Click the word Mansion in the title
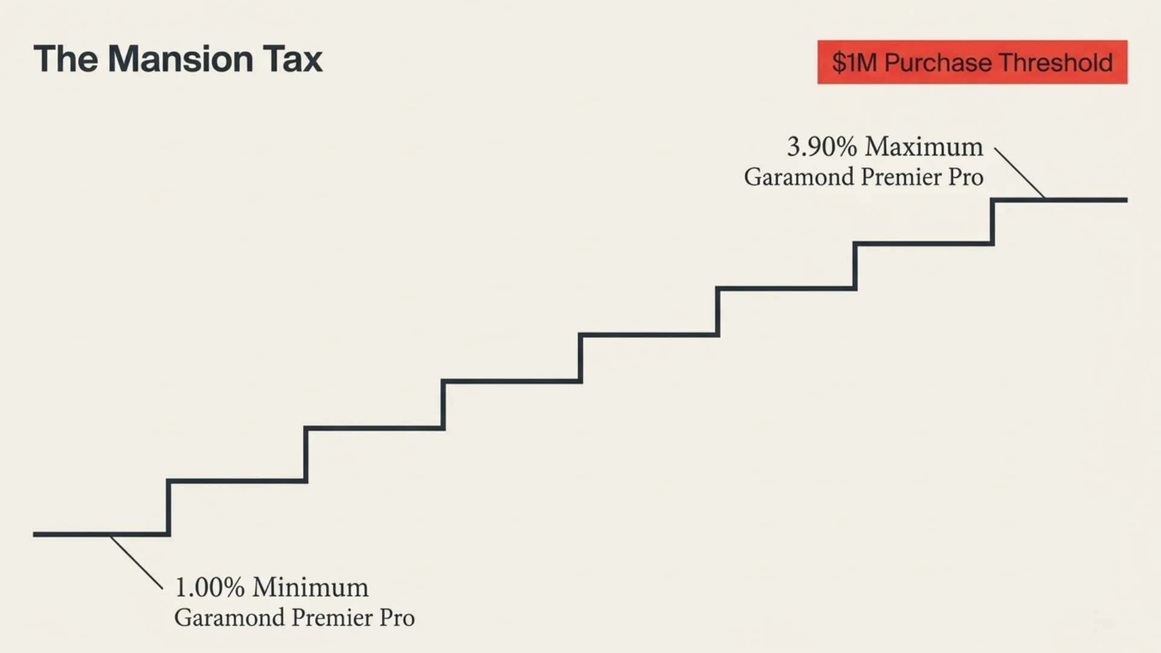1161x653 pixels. pos(180,59)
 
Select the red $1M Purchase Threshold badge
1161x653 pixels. pos(972,62)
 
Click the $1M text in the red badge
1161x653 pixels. pos(854,62)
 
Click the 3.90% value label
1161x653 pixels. pos(821,147)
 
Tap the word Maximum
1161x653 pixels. pos(923,147)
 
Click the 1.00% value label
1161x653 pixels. pos(209,587)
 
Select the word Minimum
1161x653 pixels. pos(310,587)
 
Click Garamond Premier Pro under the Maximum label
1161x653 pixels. pos(863,177)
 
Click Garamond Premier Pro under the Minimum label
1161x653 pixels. pos(294,618)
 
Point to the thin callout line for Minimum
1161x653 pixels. pos(137,562)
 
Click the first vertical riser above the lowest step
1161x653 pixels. pos(168,508)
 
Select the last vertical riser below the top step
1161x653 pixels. pos(993,222)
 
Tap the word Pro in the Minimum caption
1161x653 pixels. pos(397,618)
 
